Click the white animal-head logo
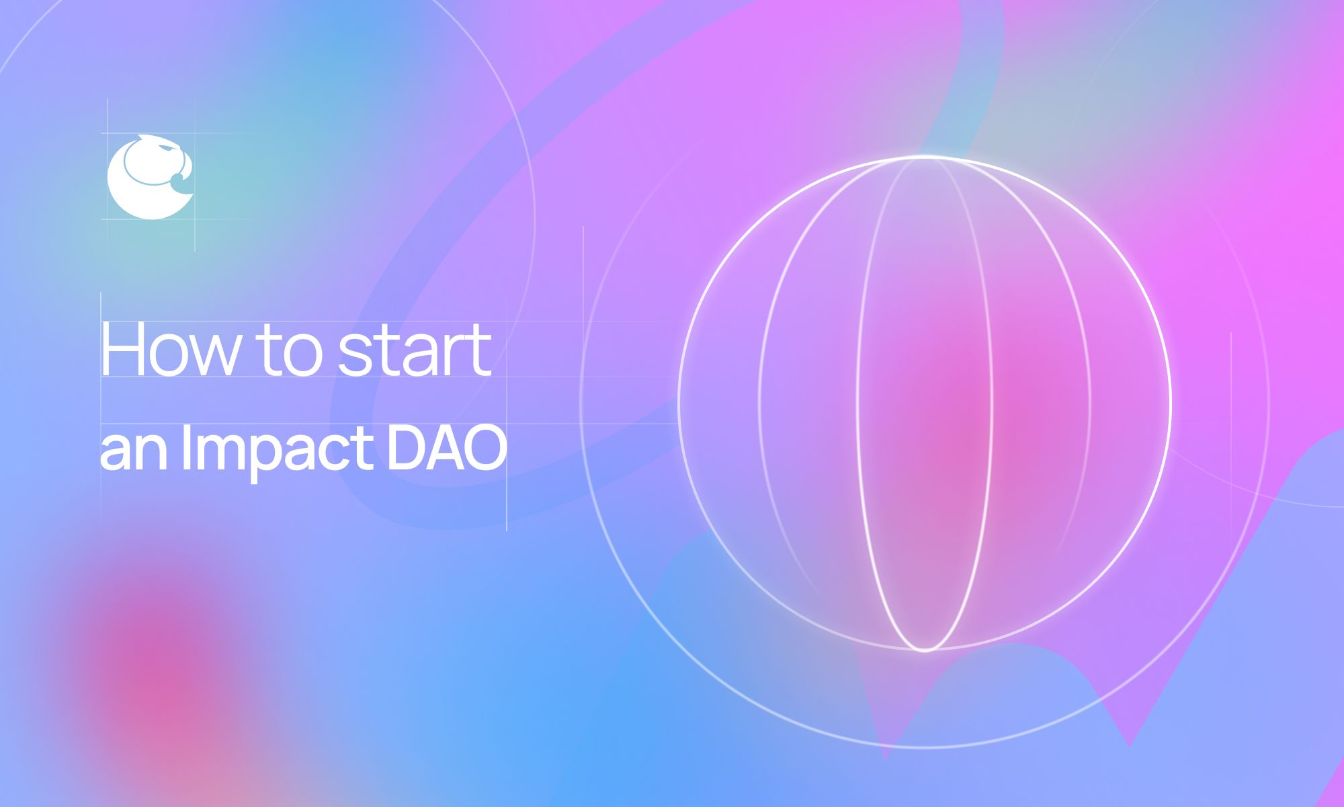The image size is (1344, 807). (149, 177)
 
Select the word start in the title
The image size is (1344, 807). (414, 351)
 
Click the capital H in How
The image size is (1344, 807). (122, 350)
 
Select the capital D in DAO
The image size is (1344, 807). (405, 447)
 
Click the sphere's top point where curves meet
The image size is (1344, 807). (925, 157)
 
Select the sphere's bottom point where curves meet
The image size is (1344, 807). (925, 649)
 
